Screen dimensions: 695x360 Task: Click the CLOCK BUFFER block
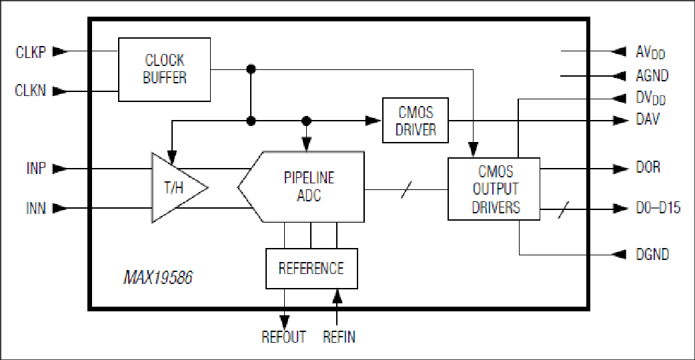pos(165,69)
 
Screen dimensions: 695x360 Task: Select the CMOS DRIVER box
pos(416,120)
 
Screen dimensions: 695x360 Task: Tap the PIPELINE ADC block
pos(301,187)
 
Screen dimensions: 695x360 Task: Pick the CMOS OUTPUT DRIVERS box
pos(494,189)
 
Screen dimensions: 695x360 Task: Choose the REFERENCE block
pos(311,269)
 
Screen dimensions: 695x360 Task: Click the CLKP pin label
pos(31,52)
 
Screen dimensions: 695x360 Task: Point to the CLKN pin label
pos(31,90)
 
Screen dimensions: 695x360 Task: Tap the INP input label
pos(36,169)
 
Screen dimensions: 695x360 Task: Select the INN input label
pos(36,208)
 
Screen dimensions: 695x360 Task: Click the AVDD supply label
pos(651,52)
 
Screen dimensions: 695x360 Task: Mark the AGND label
pos(652,76)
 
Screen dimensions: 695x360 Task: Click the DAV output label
pos(648,119)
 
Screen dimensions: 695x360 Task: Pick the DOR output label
pos(648,167)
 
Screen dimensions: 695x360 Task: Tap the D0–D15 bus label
pos(658,208)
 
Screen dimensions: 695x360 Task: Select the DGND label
pos(652,254)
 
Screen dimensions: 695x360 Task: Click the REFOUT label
pos(283,337)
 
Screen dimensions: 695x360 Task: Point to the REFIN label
pos(339,337)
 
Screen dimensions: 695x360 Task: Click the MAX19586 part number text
pos(158,277)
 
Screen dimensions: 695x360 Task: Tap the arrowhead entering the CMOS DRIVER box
pos(374,120)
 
